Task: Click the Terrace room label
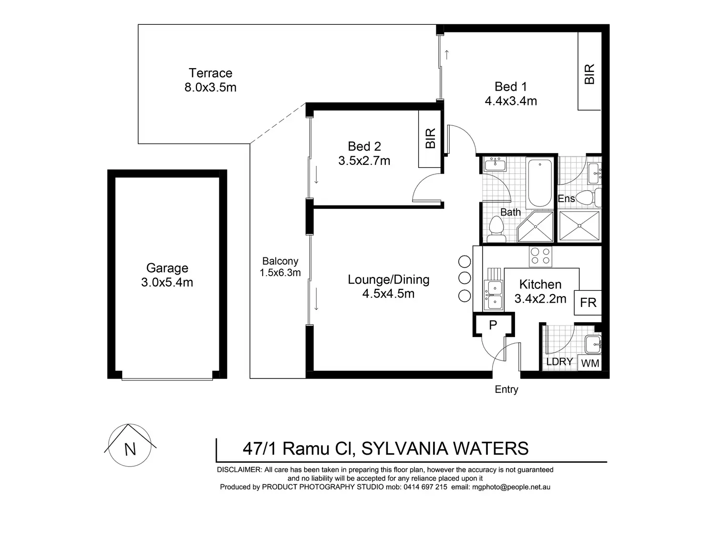210,73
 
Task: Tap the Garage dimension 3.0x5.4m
167,283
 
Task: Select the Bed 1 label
511,87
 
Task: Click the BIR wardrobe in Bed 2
430,139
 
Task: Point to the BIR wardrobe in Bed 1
589,72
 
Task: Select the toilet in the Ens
587,197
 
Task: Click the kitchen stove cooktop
541,256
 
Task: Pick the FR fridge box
588,303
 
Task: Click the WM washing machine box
590,363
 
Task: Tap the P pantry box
494,325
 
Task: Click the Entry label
506,389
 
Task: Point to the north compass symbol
130,445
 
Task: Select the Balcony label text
280,261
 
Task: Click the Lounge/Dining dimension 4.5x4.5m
388,294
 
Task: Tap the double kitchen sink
493,295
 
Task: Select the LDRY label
559,362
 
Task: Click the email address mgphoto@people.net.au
511,487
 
